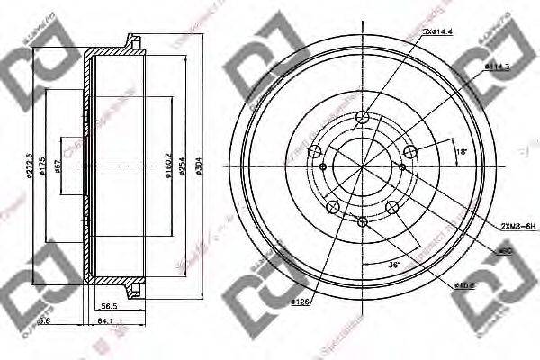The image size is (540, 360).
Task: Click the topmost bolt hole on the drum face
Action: click(x=362, y=117)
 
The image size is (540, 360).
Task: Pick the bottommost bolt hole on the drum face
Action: click(x=362, y=221)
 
